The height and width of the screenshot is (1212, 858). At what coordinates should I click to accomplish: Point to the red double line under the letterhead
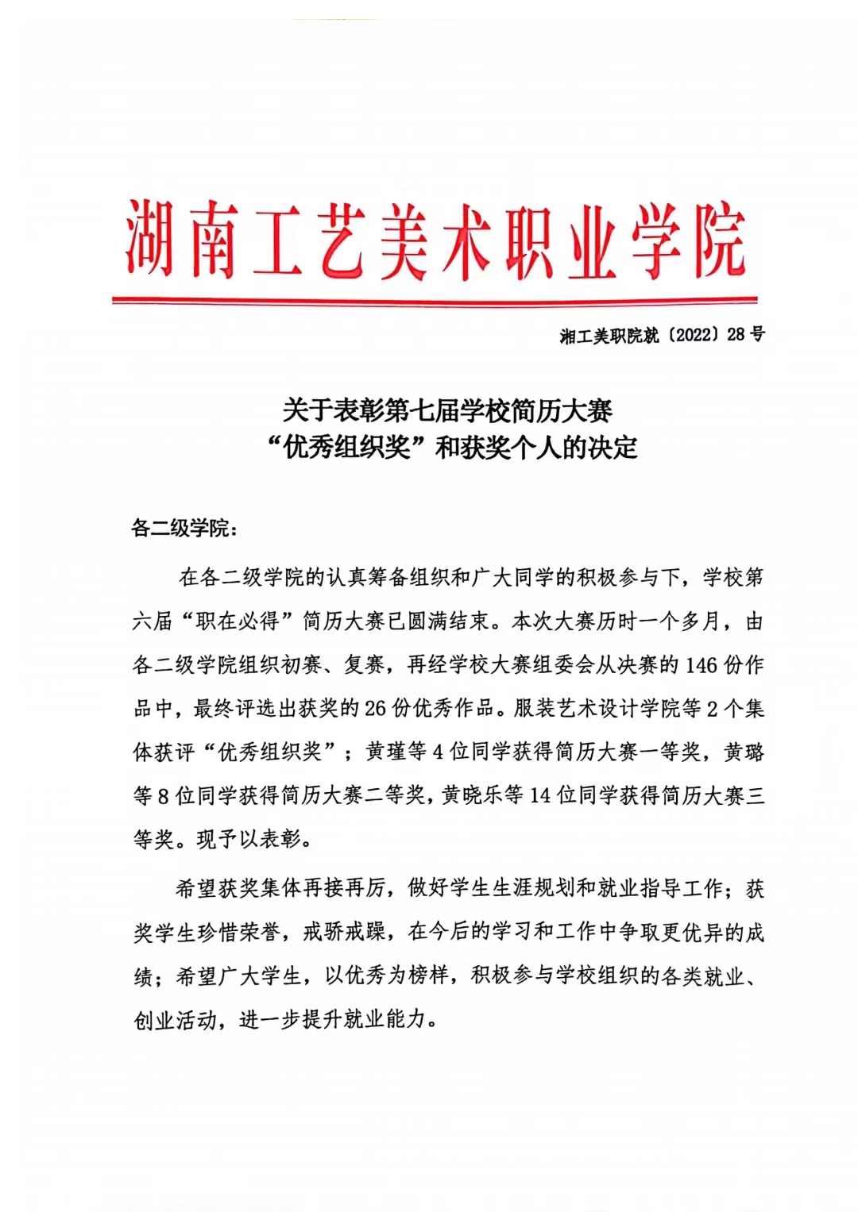435,301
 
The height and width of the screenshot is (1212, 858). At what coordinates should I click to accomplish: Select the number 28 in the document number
736,335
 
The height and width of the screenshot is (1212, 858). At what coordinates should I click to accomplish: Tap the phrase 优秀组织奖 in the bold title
347,448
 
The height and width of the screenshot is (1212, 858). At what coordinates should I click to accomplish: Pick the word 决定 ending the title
613,448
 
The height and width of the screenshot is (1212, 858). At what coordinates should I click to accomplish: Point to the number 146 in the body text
701,665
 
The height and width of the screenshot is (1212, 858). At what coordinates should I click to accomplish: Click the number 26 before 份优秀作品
375,708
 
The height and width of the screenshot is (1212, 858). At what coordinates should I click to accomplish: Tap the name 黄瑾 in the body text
385,752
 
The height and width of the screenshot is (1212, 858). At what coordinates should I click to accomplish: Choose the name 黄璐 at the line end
744,752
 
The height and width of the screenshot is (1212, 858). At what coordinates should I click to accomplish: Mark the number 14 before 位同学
540,795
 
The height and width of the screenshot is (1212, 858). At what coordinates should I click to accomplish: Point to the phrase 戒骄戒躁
344,932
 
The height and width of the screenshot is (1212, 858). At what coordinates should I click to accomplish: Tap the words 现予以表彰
249,839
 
